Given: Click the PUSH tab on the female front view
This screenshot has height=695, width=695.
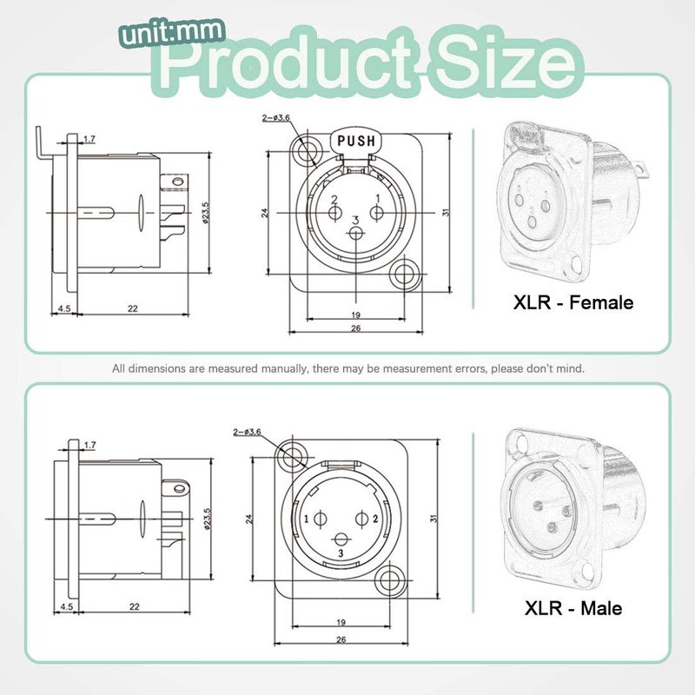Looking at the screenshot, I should (355, 140).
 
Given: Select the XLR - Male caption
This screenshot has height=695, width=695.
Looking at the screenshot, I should (573, 608).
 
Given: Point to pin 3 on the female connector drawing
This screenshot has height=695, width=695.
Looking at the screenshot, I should (355, 231).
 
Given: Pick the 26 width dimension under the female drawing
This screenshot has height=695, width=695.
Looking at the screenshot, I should (355, 329).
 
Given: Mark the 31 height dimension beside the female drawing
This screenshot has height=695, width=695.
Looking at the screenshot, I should (446, 212).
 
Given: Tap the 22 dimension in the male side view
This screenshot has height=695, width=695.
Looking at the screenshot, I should (133, 607).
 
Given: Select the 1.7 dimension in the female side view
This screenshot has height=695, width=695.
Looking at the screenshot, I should (89, 139).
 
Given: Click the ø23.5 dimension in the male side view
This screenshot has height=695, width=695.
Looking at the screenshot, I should (207, 520).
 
